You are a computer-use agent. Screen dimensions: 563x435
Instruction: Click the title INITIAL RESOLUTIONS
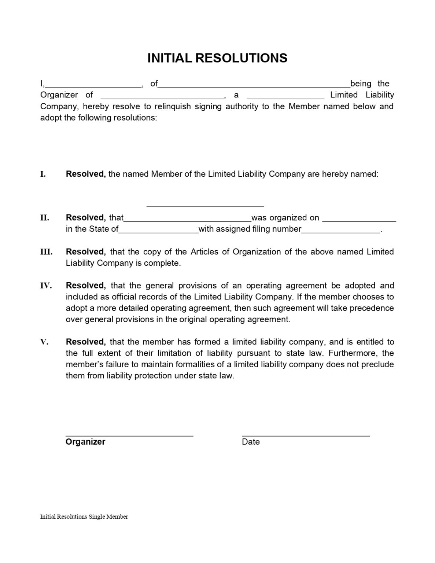[217, 58]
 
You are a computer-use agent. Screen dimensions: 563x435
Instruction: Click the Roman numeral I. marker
[43, 174]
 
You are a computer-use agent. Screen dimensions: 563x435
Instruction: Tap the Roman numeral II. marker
[45, 218]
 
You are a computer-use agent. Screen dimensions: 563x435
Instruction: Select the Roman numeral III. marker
[46, 252]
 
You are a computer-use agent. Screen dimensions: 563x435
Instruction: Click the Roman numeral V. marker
[44, 342]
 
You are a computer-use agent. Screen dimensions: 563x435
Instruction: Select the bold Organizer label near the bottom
[85, 442]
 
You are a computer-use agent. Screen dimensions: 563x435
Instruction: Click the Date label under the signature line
[251, 442]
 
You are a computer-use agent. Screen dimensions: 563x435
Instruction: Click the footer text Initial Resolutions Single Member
[84, 517]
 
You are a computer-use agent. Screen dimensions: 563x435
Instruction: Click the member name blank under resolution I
[205, 206]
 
